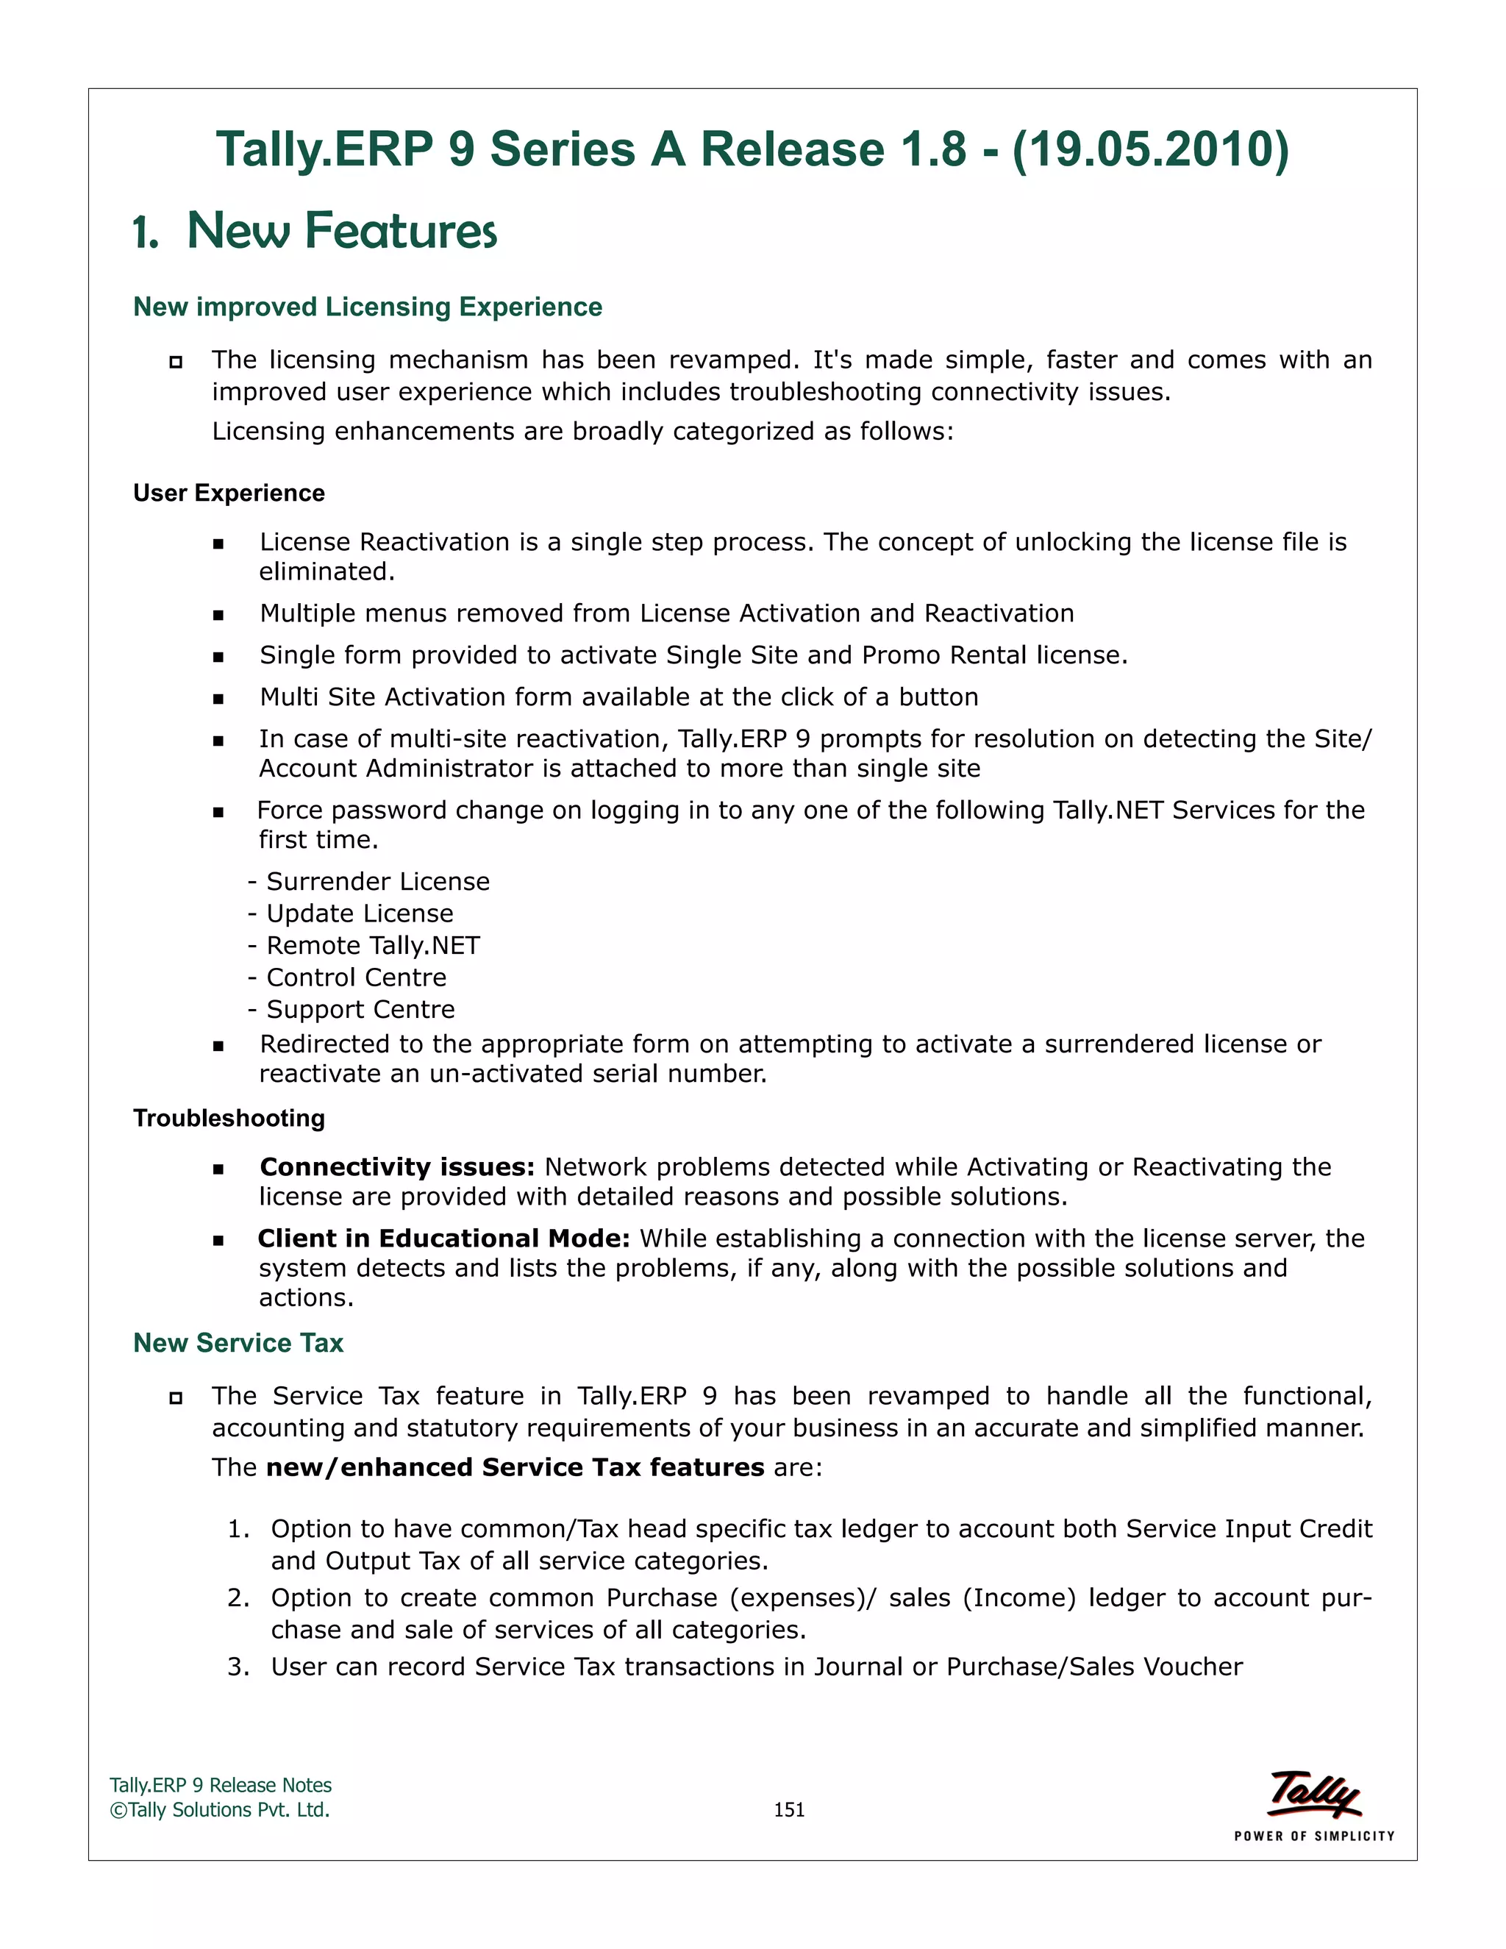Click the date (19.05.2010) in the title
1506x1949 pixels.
click(1150, 149)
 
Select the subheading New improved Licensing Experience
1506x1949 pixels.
click(368, 307)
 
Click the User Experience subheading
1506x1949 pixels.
click(229, 494)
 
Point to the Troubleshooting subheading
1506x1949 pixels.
click(229, 1118)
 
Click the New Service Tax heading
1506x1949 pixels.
click(238, 1343)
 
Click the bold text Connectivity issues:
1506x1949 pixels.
click(397, 1167)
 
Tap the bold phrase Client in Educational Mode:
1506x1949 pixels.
click(443, 1239)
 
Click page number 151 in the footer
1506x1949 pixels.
click(789, 1810)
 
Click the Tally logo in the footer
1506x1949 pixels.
click(1314, 1794)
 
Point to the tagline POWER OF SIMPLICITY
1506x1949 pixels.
click(1314, 1836)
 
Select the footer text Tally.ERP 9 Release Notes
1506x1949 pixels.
click(221, 1786)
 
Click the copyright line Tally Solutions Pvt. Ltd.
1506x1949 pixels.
click(221, 1810)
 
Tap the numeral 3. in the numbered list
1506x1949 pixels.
click(238, 1667)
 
